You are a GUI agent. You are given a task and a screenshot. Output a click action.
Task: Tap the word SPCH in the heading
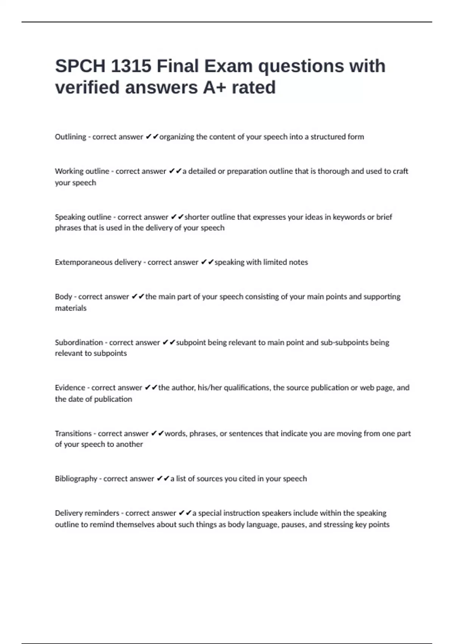80,66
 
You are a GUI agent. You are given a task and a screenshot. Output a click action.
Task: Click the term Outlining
70,137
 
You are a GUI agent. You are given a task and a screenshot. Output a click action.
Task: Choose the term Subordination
79,342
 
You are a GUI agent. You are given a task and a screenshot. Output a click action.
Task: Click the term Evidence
70,388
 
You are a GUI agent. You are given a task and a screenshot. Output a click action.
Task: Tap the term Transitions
73,433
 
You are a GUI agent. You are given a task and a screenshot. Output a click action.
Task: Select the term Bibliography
76,478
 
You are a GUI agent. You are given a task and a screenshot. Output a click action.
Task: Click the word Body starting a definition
64,297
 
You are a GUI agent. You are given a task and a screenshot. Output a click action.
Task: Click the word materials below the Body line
71,308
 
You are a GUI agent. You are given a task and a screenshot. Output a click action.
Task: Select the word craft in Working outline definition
400,171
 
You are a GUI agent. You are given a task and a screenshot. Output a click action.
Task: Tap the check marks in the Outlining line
152,137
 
